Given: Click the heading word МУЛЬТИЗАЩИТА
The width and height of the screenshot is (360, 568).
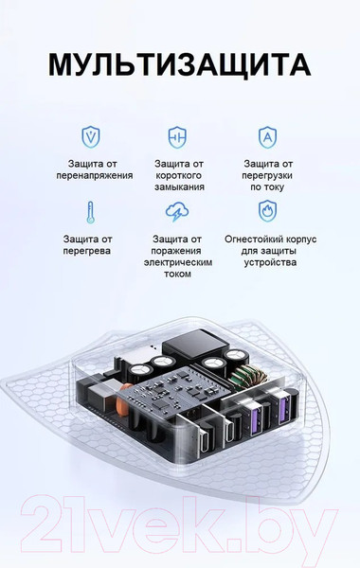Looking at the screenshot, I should (179, 64).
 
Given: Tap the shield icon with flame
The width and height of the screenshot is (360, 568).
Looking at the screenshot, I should (267, 209).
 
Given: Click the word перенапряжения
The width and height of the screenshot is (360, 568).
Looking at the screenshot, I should (100, 175).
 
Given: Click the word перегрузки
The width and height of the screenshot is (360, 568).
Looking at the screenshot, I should (268, 176).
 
